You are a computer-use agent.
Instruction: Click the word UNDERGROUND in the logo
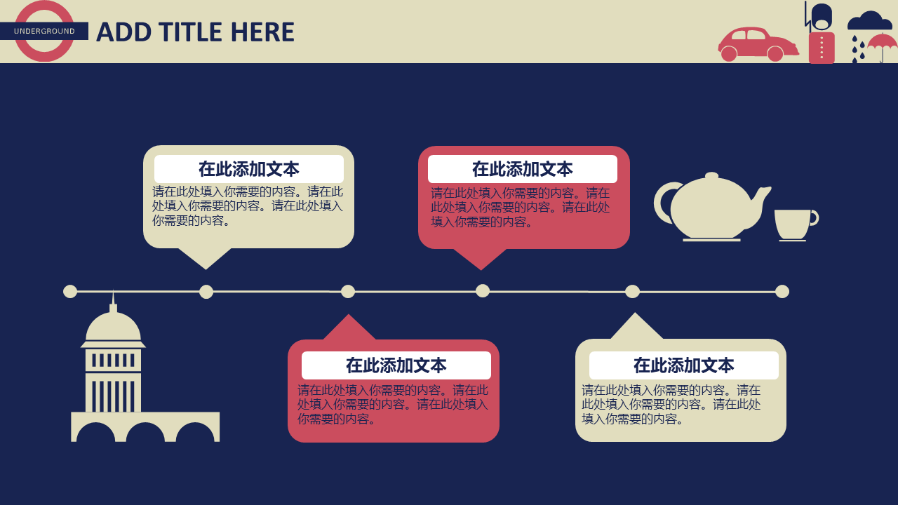coord(44,32)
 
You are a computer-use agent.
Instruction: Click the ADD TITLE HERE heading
coord(195,32)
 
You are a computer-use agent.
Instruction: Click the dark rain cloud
coord(869,22)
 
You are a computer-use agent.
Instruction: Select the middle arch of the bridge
coord(145,433)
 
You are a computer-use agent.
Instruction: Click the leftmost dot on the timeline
coord(70,291)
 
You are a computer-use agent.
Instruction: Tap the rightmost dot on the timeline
coord(782,291)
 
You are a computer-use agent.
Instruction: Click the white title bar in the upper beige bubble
coord(249,169)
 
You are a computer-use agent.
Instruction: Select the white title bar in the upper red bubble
coord(523,169)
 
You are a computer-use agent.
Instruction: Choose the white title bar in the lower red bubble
coord(396,365)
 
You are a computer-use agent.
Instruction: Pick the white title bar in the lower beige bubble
coord(684,365)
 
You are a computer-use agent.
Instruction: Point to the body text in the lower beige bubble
coord(671,405)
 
